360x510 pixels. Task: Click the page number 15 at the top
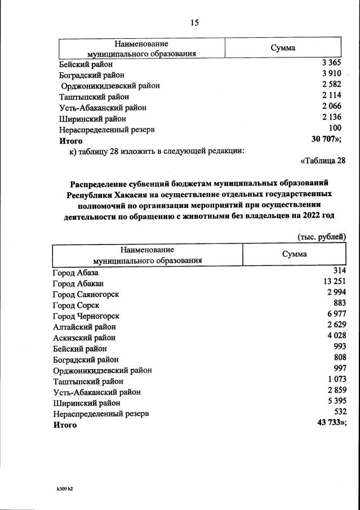point(194,23)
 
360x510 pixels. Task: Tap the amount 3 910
point(331,74)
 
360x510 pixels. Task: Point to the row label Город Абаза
point(75,273)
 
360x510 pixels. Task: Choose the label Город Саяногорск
point(86,294)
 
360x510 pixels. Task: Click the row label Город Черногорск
point(86,316)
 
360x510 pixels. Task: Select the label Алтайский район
point(85,327)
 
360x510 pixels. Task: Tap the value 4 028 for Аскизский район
point(335,336)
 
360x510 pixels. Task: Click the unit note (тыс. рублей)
point(321,237)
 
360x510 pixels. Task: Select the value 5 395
point(335,402)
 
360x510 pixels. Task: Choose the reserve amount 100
point(335,129)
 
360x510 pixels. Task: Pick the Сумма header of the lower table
point(294,254)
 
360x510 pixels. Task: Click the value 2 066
point(331,107)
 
